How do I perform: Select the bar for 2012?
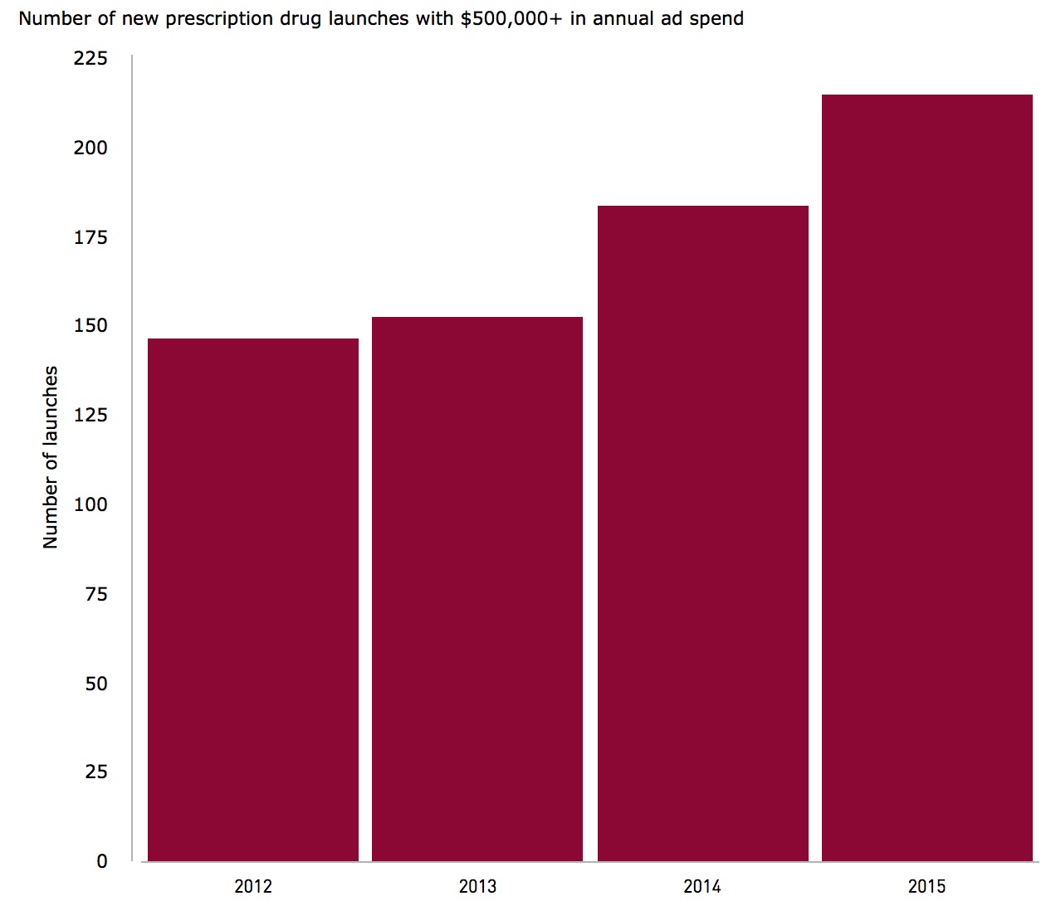click(x=253, y=599)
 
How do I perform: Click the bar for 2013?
click(x=477, y=588)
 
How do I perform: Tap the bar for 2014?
click(x=703, y=533)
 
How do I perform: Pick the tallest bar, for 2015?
click(x=927, y=477)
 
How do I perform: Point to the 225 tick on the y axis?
click(x=90, y=58)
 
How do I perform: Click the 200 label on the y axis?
click(x=90, y=148)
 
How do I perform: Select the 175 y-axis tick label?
click(x=90, y=237)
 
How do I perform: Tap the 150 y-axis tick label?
click(x=90, y=325)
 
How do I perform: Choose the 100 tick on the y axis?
click(x=90, y=504)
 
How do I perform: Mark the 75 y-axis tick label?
click(x=96, y=594)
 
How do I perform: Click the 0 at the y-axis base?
click(x=102, y=861)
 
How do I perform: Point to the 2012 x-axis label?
click(x=253, y=886)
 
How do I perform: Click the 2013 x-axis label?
click(x=477, y=886)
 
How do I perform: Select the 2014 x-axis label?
click(x=702, y=886)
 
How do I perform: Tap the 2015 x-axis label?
click(x=926, y=886)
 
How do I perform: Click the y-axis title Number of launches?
click(x=51, y=457)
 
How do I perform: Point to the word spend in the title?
click(x=717, y=18)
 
